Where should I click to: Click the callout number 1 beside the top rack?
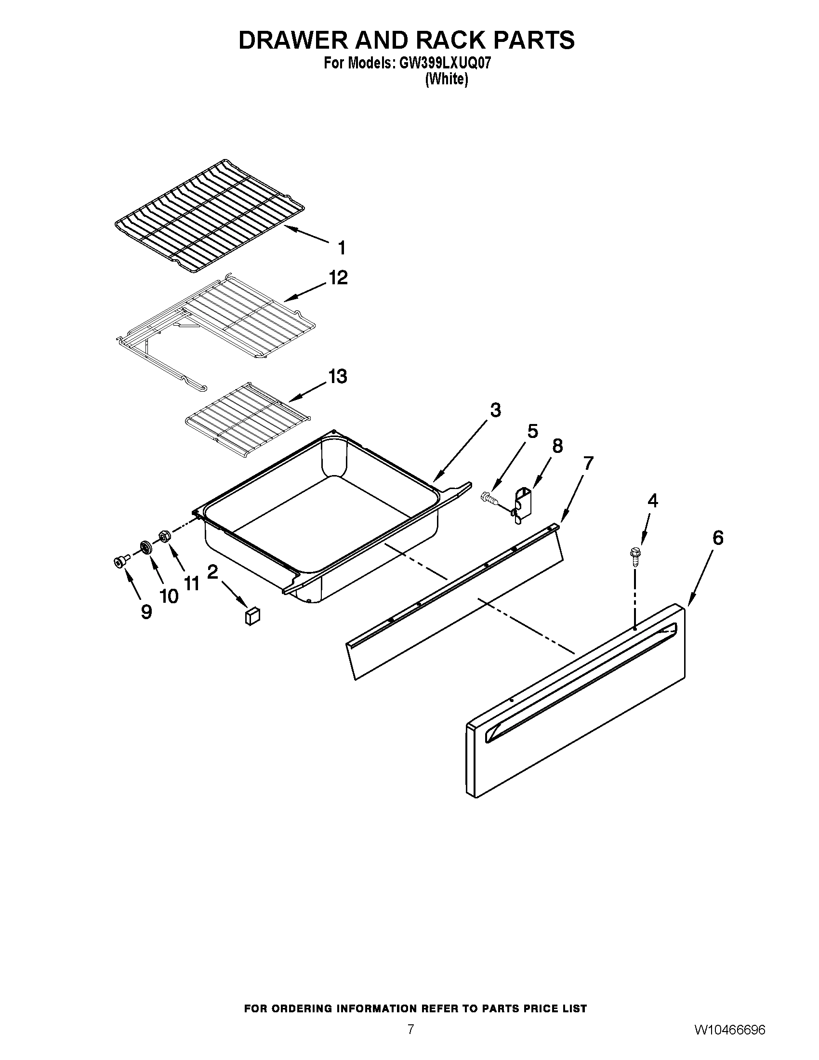tap(342, 248)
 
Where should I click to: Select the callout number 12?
tap(338, 278)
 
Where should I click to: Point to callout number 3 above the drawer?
tap(495, 410)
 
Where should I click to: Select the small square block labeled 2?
tap(252, 616)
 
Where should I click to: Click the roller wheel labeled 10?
tap(145, 547)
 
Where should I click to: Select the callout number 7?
tap(588, 464)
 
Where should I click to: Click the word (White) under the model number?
tap(447, 79)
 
